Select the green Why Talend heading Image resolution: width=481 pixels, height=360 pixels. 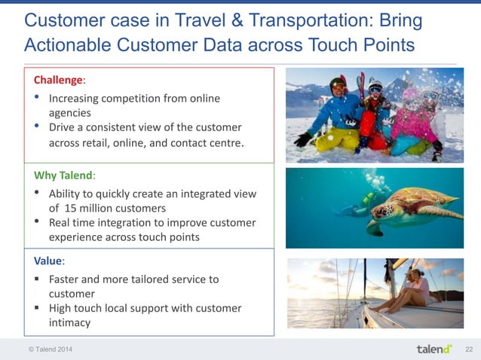click(x=64, y=175)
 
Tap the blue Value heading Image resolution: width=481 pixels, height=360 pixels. click(x=48, y=261)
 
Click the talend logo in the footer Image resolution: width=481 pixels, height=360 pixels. click(x=434, y=349)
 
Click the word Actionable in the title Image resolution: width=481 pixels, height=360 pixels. click(x=67, y=45)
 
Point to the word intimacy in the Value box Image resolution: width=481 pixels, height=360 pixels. click(x=69, y=322)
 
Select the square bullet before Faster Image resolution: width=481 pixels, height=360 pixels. click(x=37, y=279)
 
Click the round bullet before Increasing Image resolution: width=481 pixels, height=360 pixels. click(x=38, y=98)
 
